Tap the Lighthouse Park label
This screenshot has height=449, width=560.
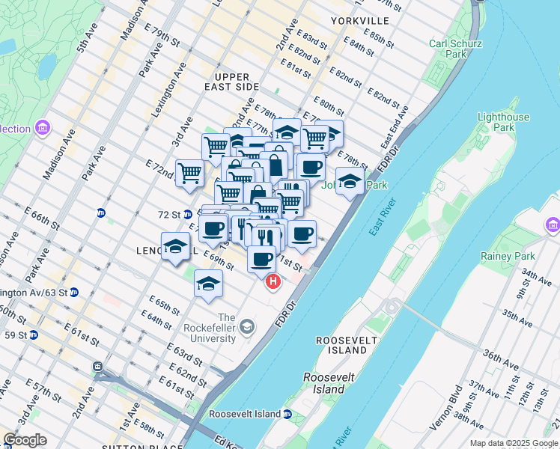tap(503, 122)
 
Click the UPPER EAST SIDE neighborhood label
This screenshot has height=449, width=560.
tap(236, 82)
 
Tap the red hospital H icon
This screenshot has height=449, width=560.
tap(273, 282)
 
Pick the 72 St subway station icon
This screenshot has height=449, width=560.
tap(187, 214)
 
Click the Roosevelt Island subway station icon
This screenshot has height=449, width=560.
tap(287, 414)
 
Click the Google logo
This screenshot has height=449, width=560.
tap(25, 440)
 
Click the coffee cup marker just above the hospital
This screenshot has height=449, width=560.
tap(261, 260)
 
